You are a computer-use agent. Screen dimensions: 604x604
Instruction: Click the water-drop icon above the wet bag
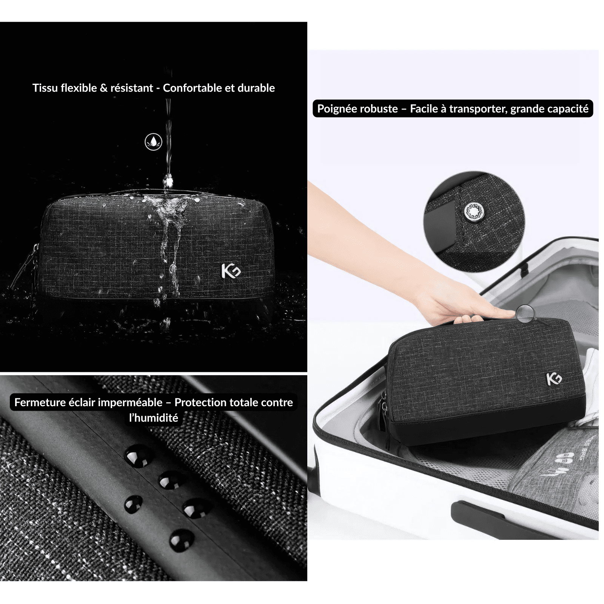coord(154,142)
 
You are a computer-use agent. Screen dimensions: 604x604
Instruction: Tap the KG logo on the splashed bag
coord(231,271)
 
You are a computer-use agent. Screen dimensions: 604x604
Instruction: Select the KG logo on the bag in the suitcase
coord(554,379)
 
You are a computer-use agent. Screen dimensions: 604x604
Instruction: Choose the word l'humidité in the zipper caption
coord(153,418)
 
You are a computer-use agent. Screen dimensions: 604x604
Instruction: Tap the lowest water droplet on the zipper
coord(181,540)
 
